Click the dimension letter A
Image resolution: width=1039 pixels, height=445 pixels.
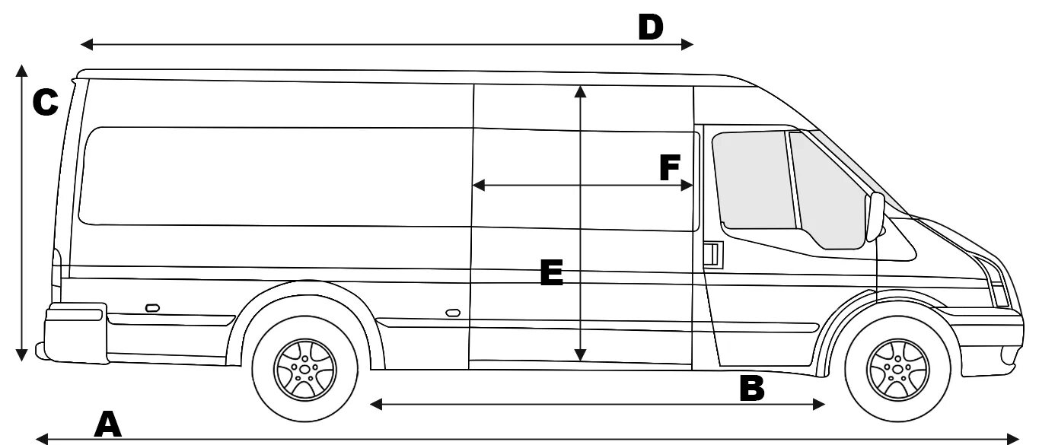107,424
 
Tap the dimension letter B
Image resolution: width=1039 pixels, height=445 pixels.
751,388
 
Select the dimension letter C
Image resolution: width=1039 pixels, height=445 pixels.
45,103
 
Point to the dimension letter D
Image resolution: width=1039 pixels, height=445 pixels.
651,27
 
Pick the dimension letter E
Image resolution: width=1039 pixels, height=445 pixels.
551,273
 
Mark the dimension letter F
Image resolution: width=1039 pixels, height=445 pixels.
669,168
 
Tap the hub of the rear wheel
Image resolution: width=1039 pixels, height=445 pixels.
304,369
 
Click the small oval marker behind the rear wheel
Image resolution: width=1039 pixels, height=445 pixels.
152,308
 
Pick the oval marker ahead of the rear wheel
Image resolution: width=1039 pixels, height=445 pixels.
453,313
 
